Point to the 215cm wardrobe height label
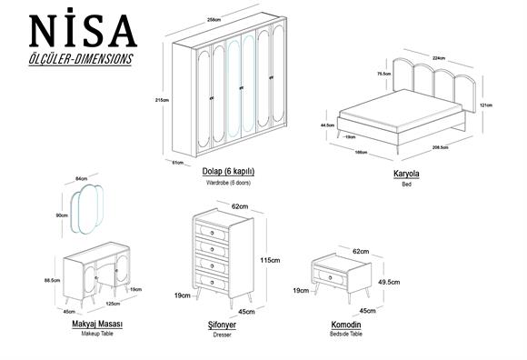(x=164, y=99)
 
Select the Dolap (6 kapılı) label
(x=228, y=171)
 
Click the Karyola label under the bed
(x=406, y=172)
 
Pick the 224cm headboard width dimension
(x=439, y=57)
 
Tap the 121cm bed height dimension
(x=487, y=105)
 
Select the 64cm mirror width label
(x=81, y=179)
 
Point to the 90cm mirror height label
(x=62, y=215)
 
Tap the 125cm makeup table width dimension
(x=113, y=304)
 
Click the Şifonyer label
(x=222, y=324)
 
